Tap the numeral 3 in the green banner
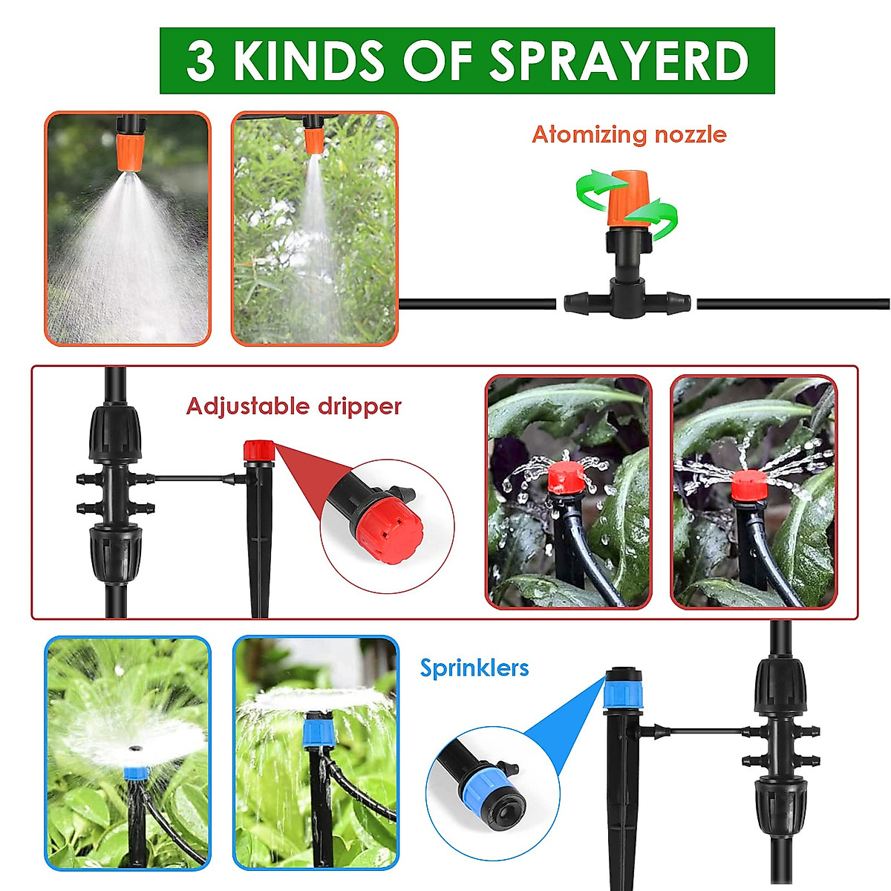201,61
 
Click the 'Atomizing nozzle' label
629,134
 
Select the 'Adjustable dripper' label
293,406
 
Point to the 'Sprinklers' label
474,668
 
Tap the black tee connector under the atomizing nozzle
627,301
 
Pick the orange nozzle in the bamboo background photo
315,139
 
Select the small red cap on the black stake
259,451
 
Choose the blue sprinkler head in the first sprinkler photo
134,773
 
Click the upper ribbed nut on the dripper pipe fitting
114,432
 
